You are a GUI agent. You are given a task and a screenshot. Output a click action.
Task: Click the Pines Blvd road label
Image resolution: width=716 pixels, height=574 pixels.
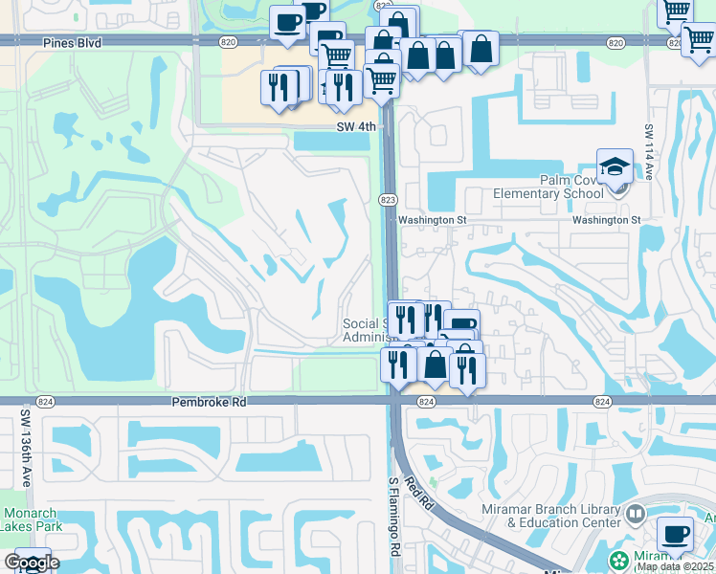coord(73,43)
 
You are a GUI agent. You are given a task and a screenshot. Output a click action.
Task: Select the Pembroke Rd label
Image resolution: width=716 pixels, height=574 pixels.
coord(209,404)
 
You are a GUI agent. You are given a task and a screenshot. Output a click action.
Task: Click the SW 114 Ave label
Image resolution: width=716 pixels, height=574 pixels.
coord(648,153)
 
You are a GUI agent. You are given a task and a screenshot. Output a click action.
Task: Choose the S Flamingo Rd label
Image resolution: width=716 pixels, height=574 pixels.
coord(393,518)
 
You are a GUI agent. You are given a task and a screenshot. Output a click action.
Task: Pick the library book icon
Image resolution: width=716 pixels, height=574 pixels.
coord(634,516)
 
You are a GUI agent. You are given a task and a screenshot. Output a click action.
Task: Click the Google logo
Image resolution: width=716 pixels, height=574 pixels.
coord(31,563)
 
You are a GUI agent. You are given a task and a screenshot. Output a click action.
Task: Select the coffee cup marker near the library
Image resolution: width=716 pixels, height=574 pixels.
coord(676,534)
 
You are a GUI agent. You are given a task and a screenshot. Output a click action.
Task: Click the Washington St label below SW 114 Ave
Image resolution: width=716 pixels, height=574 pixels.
coord(606,220)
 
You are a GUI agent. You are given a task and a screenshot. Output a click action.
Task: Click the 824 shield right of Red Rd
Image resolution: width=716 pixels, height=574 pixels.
coord(602,403)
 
